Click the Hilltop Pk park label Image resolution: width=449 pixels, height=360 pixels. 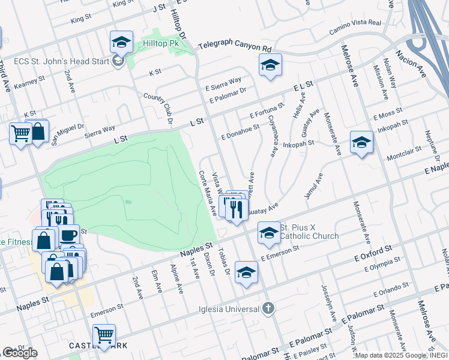pyautogui.click(x=162, y=43)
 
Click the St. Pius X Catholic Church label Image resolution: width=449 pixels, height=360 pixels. pyautogui.click(x=309, y=232)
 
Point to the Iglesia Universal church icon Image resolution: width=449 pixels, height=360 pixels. pyautogui.click(x=268, y=309)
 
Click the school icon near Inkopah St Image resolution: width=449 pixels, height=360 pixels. pyautogui.click(x=361, y=142)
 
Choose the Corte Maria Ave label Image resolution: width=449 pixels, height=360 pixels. pyautogui.click(x=208, y=193)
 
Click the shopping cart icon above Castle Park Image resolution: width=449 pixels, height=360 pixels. pyautogui.click(x=104, y=335)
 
